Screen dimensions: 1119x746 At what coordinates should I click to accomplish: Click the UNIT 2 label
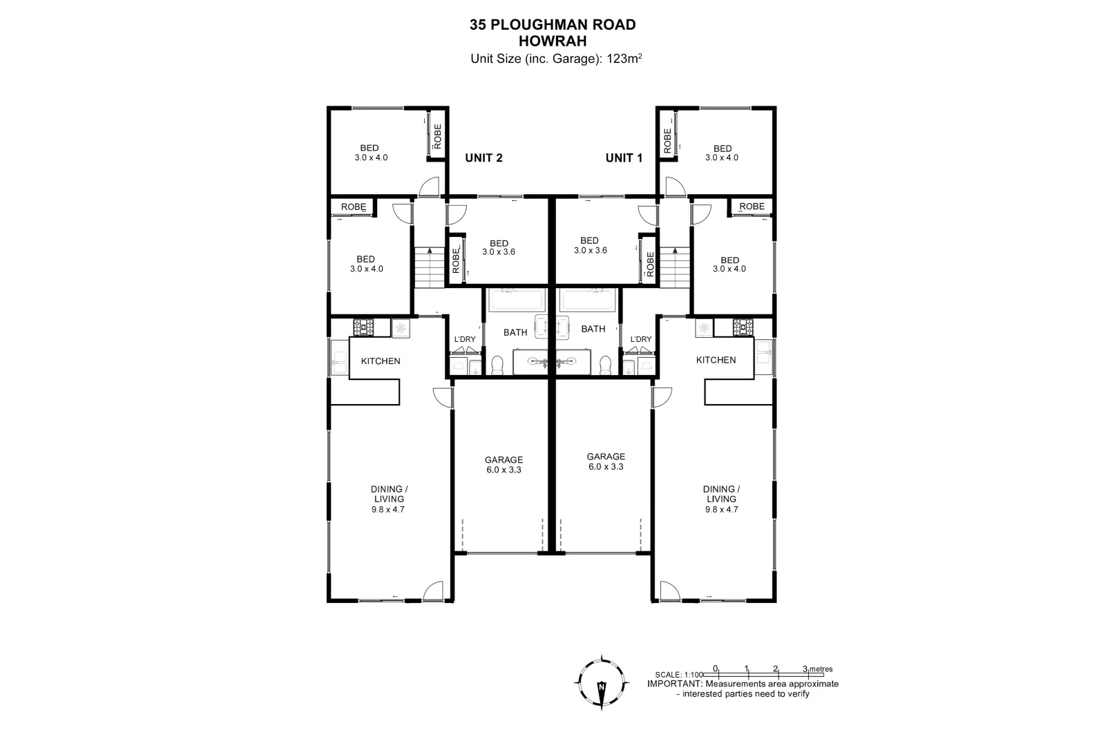484,157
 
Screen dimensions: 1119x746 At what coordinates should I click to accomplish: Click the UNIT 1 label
624,157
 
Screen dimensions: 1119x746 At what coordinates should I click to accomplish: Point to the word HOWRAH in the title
552,41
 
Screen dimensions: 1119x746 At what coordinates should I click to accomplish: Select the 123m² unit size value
624,59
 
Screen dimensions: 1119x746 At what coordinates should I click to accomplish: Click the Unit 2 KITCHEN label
381,361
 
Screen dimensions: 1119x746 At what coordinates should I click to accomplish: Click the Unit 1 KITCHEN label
716,360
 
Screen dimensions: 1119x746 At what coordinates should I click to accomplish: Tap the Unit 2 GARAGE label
504,459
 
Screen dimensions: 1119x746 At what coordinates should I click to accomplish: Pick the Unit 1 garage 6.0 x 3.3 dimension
606,466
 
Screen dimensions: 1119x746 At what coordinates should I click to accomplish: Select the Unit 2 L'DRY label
465,339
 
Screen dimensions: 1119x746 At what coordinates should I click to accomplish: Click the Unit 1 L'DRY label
640,339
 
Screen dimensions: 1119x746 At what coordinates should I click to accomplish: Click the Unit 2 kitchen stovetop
363,327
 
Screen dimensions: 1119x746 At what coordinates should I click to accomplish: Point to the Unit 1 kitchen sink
763,352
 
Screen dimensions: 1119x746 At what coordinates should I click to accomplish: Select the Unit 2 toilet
497,365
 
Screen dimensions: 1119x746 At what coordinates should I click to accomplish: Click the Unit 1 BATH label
593,329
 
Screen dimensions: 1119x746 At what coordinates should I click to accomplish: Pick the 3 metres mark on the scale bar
805,669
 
